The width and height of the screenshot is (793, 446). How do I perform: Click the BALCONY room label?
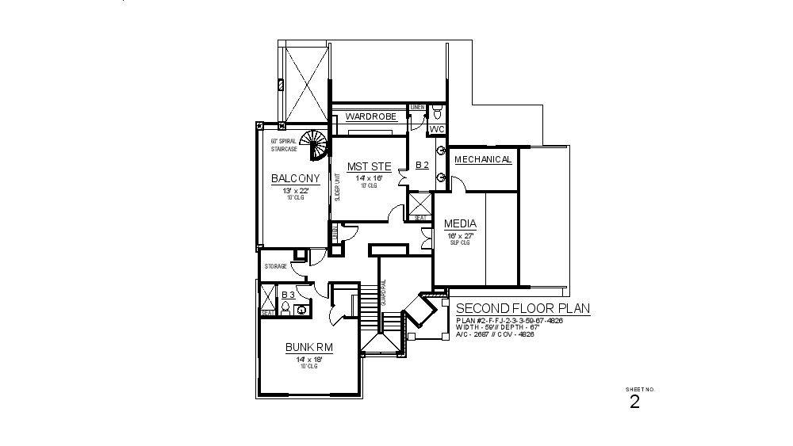(295, 178)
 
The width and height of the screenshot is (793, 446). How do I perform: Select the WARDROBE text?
(370, 117)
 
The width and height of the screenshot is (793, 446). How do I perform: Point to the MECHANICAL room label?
(483, 159)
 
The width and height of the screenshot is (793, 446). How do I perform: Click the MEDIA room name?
(460, 224)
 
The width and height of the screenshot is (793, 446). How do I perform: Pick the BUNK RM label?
(308, 347)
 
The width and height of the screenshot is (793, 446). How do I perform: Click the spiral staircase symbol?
(314, 145)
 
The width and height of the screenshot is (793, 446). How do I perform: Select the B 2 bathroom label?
(422, 166)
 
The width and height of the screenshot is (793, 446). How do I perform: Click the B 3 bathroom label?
(289, 295)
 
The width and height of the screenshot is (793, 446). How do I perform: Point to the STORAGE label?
(276, 266)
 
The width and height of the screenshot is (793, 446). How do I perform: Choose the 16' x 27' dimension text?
(460, 235)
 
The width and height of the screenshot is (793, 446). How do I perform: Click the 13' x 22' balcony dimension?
(295, 190)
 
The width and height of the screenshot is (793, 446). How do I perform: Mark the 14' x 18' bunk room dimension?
(308, 359)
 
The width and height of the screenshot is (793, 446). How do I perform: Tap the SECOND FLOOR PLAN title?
(523, 309)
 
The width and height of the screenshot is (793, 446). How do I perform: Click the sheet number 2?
(634, 402)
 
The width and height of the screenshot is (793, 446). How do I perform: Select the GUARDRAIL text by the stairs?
(383, 292)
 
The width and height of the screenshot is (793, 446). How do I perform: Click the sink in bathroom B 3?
(302, 308)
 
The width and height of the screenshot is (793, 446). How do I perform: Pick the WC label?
(437, 128)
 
